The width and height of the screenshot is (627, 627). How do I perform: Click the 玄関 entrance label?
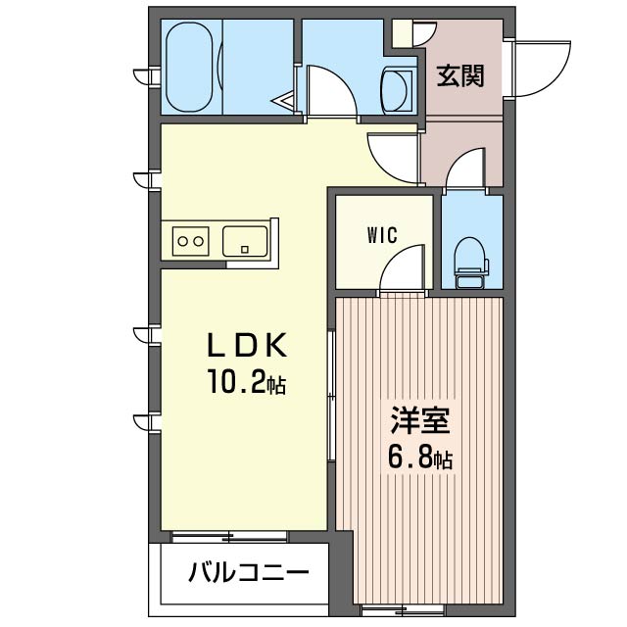[459, 76]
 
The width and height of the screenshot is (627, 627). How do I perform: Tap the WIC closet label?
[381, 235]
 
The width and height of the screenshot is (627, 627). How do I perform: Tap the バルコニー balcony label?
[249, 572]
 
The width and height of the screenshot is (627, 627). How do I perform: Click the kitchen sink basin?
[245, 239]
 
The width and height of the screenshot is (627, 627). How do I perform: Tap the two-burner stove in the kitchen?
[190, 239]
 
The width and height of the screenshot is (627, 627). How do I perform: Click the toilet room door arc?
[468, 169]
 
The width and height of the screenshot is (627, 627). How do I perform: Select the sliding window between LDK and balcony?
[229, 535]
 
